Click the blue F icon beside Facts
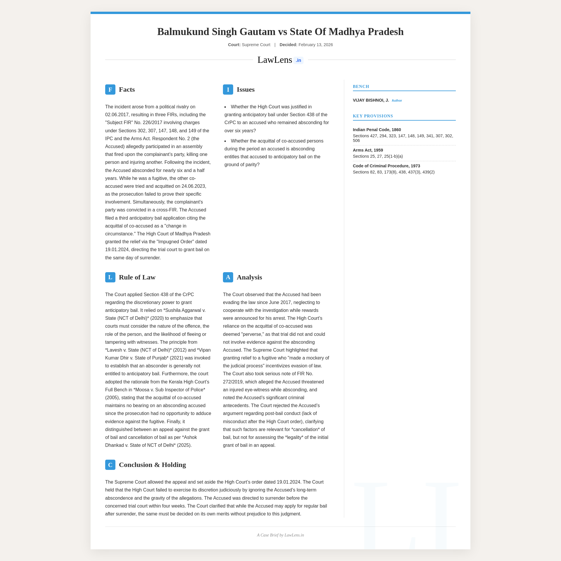pos(110,89)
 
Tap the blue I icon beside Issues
pos(228,89)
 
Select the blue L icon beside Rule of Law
pos(110,277)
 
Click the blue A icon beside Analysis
pos(228,277)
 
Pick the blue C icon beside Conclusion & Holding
pos(110,465)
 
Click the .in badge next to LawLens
pos(298,60)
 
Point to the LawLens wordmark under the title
pos(275,60)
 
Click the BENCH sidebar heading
pos(361,86)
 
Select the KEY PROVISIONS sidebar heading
pos(373,116)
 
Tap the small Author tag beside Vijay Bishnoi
pos(397,100)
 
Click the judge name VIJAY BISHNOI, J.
pos(371,100)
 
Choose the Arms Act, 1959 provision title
pos(368,150)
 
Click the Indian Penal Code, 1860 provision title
pos(377,130)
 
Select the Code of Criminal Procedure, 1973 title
pos(386,166)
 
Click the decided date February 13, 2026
pos(316,45)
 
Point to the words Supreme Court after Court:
pos(256,45)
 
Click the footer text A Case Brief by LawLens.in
pos(280,535)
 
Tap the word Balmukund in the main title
pos(183,32)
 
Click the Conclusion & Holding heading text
pos(152,465)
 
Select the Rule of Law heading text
pos(137,277)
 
